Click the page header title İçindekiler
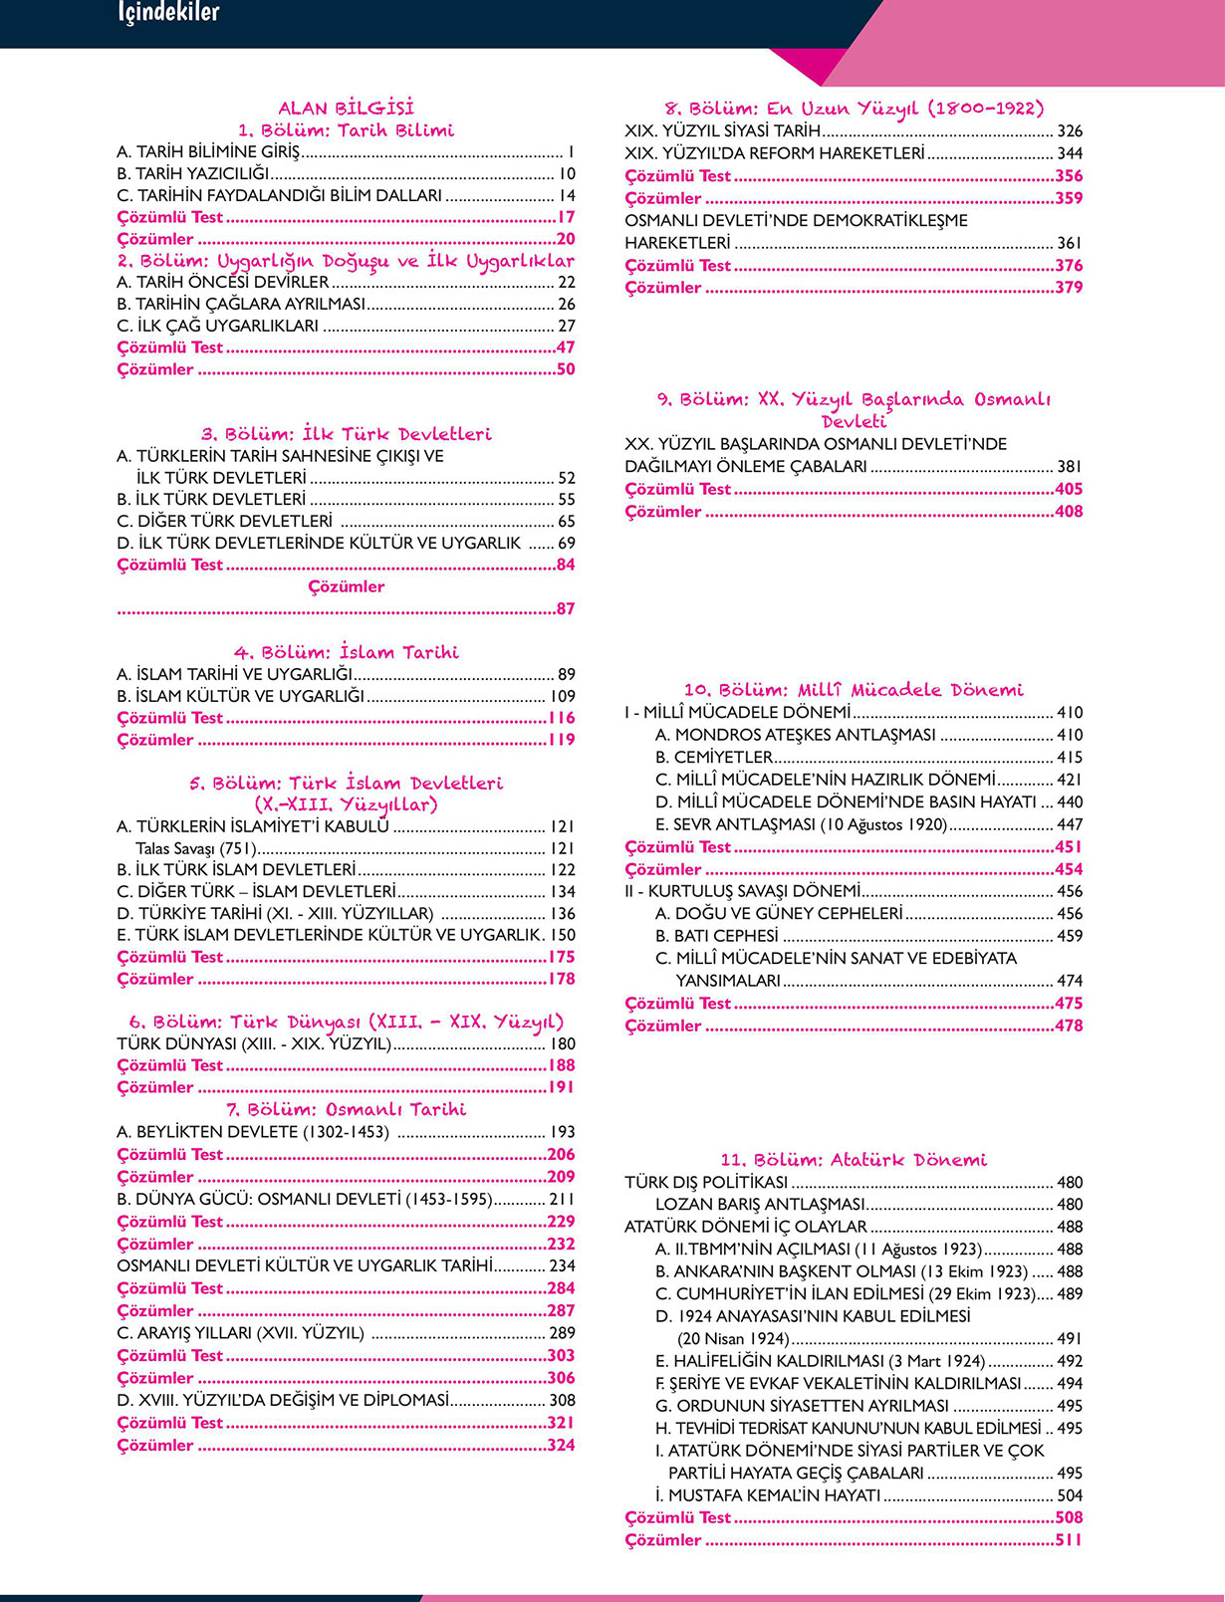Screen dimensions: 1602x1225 tap(168, 13)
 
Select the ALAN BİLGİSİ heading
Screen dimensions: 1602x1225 tap(346, 108)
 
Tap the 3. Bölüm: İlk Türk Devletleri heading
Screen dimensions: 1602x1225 tap(346, 434)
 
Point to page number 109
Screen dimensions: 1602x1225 tap(563, 696)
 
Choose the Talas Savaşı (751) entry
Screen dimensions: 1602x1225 tap(196, 848)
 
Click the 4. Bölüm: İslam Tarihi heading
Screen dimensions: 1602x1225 tap(346, 652)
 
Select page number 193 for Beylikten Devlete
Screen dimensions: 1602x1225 tap(563, 1132)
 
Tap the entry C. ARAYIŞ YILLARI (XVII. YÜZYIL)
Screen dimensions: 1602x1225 tap(240, 1333)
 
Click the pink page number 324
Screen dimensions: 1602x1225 tap(562, 1445)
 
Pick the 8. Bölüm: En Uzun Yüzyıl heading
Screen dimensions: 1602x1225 tap(854, 108)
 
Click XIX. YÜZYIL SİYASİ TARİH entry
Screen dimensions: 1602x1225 tap(723, 130)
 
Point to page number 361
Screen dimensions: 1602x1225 tap(1070, 243)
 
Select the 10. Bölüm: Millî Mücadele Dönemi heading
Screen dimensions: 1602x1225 tap(854, 689)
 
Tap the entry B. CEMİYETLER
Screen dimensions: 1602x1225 tap(714, 757)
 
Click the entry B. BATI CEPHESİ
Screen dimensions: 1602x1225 tap(717, 936)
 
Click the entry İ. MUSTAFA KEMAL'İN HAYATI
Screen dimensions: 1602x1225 tap(768, 1495)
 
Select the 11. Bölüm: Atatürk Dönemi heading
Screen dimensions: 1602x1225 tap(854, 1160)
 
